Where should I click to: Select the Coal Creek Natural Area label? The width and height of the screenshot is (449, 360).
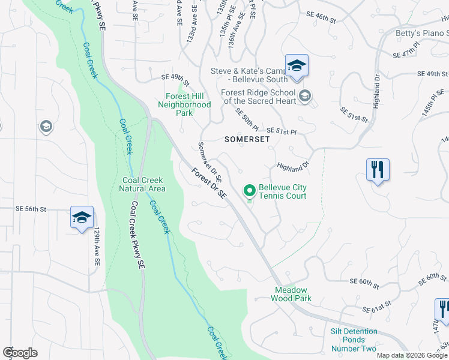pyautogui.click(x=143, y=184)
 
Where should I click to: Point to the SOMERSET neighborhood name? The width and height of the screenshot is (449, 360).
pyautogui.click(x=247, y=139)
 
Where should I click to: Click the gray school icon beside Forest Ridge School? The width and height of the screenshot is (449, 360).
pyautogui.click(x=305, y=96)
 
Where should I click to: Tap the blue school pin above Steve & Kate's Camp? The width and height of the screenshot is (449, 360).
pyautogui.click(x=297, y=65)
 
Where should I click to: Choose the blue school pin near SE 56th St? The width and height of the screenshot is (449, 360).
pyautogui.click(x=82, y=217)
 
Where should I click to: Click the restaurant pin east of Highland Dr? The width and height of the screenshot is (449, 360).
pyautogui.click(x=378, y=170)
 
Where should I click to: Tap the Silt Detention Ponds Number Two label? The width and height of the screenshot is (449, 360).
pyautogui.click(x=354, y=340)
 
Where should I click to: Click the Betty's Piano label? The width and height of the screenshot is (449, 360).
pyautogui.click(x=421, y=34)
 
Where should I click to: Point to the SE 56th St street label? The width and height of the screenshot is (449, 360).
pyautogui.click(x=31, y=209)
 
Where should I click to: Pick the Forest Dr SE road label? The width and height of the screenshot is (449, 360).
pyautogui.click(x=209, y=183)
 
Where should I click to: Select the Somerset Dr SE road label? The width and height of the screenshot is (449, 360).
pyautogui.click(x=210, y=162)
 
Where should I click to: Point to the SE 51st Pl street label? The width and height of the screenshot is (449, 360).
pyautogui.click(x=282, y=130)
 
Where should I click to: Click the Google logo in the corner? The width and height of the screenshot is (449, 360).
pyautogui.click(x=20, y=352)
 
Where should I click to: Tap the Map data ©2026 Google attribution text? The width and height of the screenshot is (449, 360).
pyautogui.click(x=412, y=355)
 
